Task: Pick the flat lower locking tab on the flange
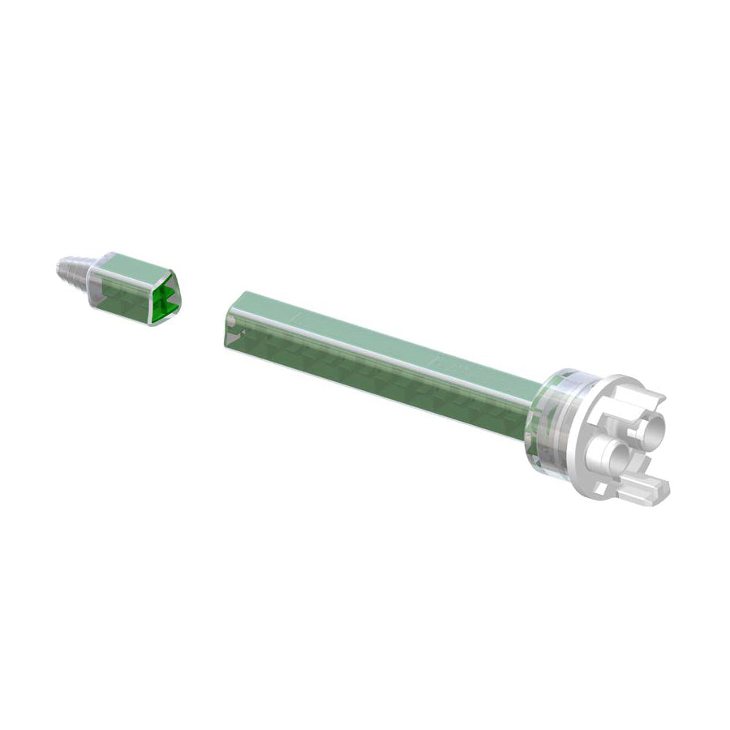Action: pyautogui.click(x=649, y=488)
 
